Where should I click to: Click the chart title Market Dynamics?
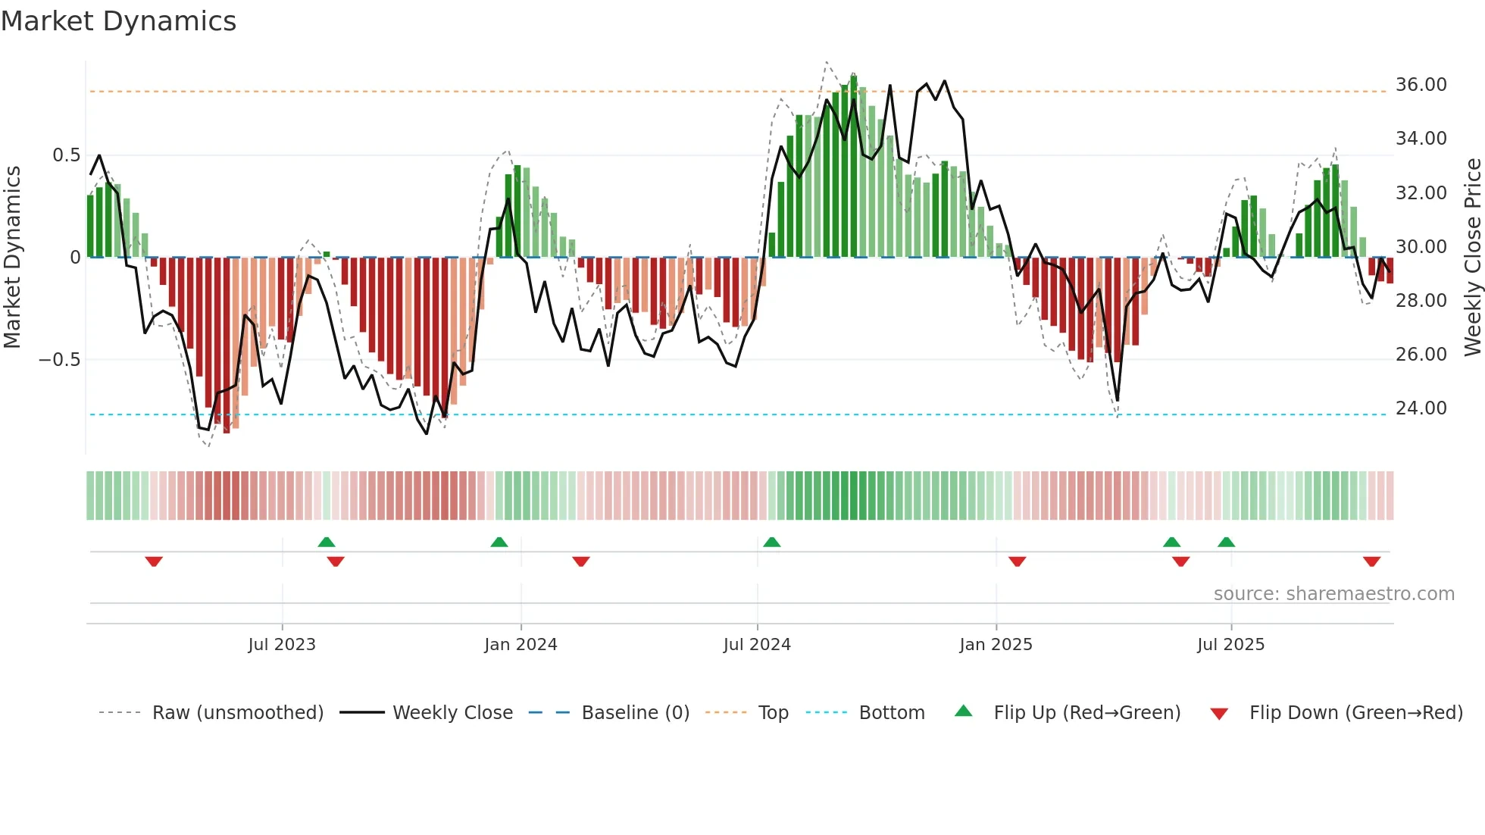118,21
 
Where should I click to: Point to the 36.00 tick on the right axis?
1421,85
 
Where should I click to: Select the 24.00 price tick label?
1421,408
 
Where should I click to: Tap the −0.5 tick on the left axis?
60,359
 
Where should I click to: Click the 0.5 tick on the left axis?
66,155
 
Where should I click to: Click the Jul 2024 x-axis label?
756,645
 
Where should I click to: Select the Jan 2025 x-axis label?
995,645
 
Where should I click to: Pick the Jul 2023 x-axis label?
281,645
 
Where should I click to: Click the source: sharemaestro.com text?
1333,594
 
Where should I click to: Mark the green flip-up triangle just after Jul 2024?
771,543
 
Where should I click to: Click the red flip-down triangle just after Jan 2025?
1017,561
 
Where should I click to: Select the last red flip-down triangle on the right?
1371,561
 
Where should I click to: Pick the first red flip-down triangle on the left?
154,561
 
